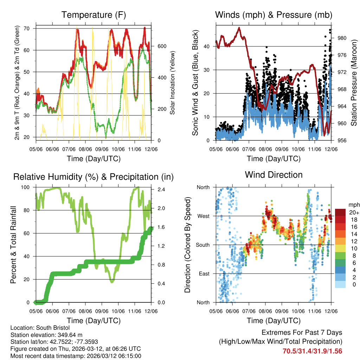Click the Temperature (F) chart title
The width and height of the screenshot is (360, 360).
tap(93, 15)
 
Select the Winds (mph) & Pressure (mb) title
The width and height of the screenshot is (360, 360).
tap(274, 15)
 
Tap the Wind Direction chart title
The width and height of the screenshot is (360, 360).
tap(274, 174)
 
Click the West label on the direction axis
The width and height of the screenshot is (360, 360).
tap(203, 216)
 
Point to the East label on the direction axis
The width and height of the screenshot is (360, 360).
tap(204, 274)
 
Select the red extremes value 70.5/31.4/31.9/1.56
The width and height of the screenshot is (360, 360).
tap(312, 351)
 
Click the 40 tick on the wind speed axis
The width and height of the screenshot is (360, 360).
tap(207, 46)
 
